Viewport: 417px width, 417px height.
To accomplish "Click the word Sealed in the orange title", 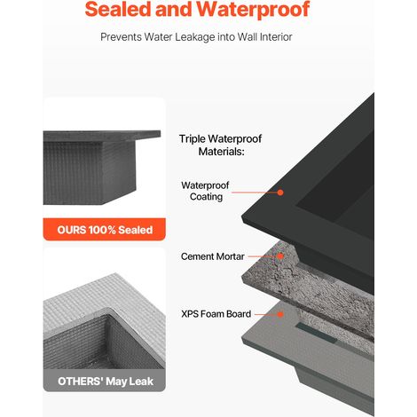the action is (x=118, y=9).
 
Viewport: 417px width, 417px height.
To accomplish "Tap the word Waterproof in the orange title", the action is (x=255, y=10).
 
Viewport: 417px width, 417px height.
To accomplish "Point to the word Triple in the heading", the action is (x=193, y=139).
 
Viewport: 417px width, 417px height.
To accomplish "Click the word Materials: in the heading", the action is (x=221, y=152).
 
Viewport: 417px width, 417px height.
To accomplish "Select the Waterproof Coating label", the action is (x=205, y=191).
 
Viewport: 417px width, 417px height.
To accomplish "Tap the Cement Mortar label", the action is (x=213, y=256).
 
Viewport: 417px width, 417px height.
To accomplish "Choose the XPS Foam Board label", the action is (x=216, y=314).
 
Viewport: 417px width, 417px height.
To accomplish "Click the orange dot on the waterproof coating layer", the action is (x=280, y=193).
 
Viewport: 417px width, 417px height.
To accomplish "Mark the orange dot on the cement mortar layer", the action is (x=280, y=256).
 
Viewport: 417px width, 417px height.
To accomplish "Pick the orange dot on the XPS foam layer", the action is (x=280, y=314).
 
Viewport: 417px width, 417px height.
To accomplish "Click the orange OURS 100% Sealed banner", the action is (x=105, y=230).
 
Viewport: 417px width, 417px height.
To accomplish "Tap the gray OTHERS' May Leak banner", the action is (x=105, y=381).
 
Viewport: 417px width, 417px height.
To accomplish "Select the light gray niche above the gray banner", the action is (x=104, y=321).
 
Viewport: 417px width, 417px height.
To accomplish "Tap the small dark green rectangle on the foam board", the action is (x=317, y=333).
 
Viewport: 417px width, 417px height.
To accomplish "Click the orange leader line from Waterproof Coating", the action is (x=255, y=193).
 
